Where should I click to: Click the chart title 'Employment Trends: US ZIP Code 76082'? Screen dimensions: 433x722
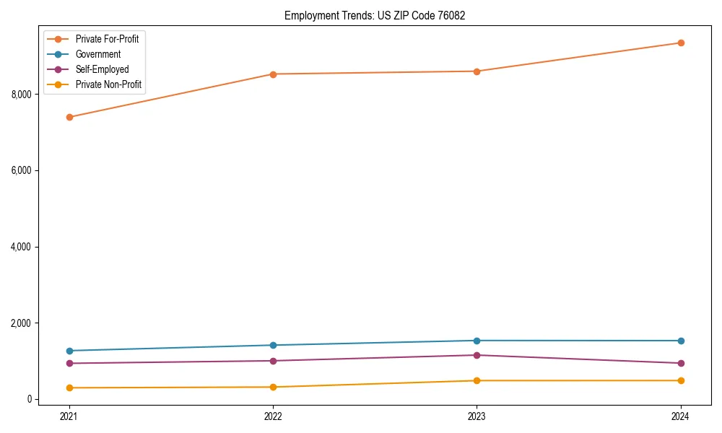click(x=374, y=15)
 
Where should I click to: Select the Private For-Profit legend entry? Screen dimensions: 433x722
click(x=107, y=39)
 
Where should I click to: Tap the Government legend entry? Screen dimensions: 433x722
click(x=98, y=54)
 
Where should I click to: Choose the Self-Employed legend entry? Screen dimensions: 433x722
click(x=102, y=69)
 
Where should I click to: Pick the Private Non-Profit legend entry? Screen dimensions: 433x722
click(x=108, y=85)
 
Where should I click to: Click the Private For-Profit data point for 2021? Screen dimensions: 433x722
click(x=69, y=117)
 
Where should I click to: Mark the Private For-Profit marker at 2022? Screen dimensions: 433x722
click(x=273, y=74)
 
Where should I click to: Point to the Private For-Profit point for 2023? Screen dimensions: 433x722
click(x=477, y=71)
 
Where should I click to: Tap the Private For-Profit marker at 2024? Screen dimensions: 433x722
click(x=681, y=43)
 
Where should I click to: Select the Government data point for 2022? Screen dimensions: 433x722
click(x=273, y=345)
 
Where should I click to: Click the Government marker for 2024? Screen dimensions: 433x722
click(x=681, y=341)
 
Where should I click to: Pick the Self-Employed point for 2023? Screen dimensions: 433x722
click(x=477, y=355)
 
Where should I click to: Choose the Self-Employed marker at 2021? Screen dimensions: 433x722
click(x=69, y=363)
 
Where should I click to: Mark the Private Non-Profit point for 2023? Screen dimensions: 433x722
click(x=477, y=380)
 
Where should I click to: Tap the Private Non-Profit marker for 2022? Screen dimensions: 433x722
click(x=273, y=387)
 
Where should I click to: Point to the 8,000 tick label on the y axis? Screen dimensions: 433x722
click(x=22, y=95)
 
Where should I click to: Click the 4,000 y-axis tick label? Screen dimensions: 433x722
click(x=22, y=247)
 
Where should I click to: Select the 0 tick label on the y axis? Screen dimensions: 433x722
click(x=30, y=399)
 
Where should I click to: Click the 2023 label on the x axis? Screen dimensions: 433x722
click(x=477, y=416)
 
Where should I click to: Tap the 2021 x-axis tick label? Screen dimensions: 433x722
click(x=69, y=416)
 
